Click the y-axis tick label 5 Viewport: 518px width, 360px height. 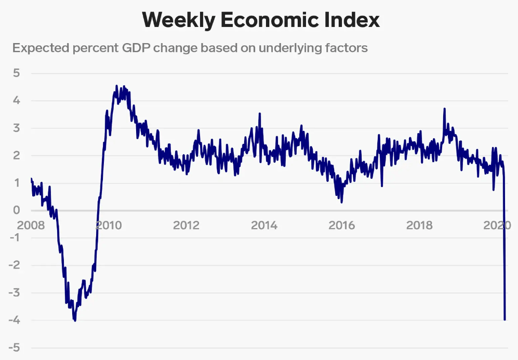(17, 73)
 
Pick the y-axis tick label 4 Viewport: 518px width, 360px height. (17, 100)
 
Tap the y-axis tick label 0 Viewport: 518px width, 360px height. (17, 210)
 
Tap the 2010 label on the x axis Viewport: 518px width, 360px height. (109, 225)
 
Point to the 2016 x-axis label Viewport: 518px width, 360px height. (342, 225)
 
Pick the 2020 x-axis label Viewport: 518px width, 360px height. (498, 225)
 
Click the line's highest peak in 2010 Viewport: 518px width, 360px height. (116, 86)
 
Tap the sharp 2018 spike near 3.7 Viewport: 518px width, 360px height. (444, 109)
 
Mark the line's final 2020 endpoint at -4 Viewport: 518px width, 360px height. (505, 319)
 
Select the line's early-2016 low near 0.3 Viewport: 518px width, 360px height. (341, 202)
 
